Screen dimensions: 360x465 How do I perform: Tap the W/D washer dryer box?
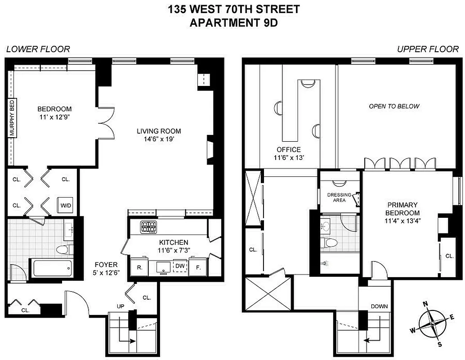pos(65,205)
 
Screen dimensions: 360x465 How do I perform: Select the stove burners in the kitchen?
pos(148,227)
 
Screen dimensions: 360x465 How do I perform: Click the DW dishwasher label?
pos(180,266)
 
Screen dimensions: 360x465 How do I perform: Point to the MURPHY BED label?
pos(12,118)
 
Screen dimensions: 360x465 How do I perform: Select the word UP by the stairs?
pos(121,306)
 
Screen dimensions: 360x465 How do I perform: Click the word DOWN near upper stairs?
pos(379,306)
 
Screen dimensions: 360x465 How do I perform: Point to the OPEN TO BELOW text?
pos(394,106)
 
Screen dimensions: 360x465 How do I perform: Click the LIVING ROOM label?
pos(159,131)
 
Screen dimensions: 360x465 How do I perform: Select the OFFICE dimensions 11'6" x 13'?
pos(289,157)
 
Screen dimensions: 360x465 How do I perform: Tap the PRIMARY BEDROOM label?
pos(402,209)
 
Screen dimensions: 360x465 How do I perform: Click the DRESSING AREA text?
pos(339,198)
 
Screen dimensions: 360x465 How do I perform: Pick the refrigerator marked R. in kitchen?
pos(140,267)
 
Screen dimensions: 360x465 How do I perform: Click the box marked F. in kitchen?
pos(197,267)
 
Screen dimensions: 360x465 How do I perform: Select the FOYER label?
pos(106,265)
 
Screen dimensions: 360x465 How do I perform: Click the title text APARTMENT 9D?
pos(233,22)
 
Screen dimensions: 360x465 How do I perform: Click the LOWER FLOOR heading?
pos(38,49)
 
